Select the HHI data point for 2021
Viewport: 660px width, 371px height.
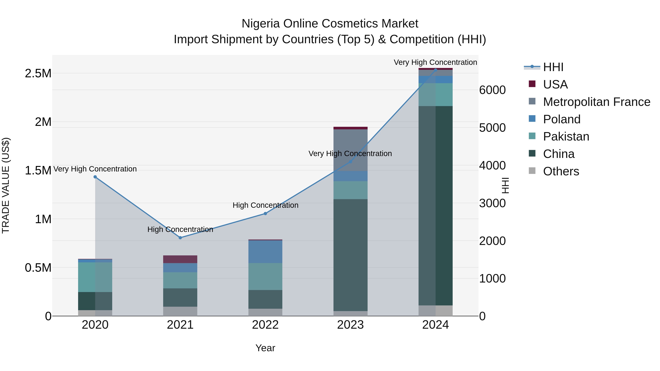pos(180,238)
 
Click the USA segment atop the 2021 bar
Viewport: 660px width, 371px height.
pos(180,259)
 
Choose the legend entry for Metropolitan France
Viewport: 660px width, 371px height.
pos(596,102)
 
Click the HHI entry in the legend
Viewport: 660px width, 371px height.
pos(553,67)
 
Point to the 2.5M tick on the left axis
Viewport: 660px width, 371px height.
pos(38,73)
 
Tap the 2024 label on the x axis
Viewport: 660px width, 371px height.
pos(435,325)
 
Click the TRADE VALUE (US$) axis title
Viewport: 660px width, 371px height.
pos(6,185)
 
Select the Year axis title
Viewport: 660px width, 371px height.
pos(265,348)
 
